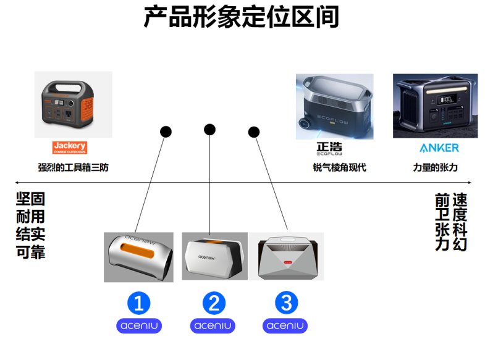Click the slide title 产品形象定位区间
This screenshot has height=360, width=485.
tap(242, 17)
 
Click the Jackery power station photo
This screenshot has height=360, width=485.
tap(74, 104)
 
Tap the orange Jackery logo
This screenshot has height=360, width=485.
tap(70, 148)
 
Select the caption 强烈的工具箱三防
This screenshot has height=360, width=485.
tap(73, 167)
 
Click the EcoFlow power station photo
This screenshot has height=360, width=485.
tap(334, 106)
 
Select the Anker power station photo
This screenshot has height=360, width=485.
tap(435, 106)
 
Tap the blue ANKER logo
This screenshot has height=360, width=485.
tap(439, 148)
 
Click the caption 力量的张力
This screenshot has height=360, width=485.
tap(436, 167)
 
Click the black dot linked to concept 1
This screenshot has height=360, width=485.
tap(166, 132)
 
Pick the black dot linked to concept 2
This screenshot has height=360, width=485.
tap(209, 130)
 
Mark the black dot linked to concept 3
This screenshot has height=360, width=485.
tap(254, 132)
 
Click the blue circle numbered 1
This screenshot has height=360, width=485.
tap(139, 303)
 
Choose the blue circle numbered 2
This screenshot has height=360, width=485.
tap(214, 303)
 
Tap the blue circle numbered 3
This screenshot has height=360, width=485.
tap(285, 303)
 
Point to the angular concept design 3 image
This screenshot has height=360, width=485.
tap(286, 256)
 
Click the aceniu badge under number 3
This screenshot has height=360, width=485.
tap(285, 325)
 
